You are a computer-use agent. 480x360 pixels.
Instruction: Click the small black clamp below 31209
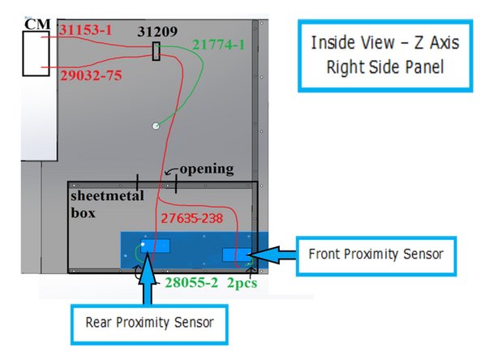(156, 52)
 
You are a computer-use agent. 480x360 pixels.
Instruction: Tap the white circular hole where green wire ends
(156, 126)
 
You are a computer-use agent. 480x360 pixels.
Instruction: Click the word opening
(206, 169)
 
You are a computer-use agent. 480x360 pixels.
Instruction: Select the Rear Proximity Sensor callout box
(149, 321)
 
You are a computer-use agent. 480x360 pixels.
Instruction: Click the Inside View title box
(379, 54)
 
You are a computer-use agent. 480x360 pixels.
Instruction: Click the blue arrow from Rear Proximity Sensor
(149, 280)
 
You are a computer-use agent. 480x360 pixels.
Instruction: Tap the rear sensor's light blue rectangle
(154, 245)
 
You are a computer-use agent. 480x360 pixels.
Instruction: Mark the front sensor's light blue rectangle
(236, 255)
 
